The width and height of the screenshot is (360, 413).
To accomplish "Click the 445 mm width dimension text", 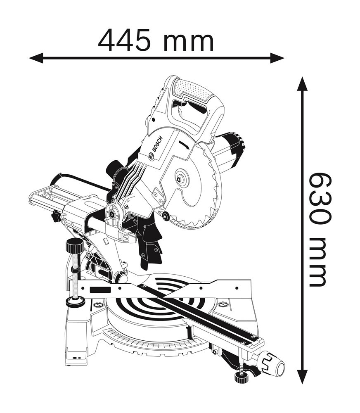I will (x=156, y=40).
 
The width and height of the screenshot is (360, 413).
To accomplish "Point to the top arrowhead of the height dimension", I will (x=303, y=83).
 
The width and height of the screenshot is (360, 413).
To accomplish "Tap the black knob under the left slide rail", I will (x=55, y=216).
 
